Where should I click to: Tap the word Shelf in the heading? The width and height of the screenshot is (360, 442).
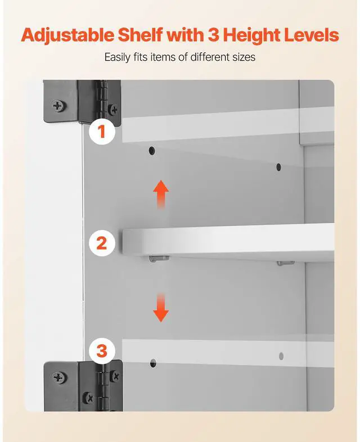pyautogui.click(x=141, y=35)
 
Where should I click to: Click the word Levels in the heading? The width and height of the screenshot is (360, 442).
pyautogui.click(x=311, y=35)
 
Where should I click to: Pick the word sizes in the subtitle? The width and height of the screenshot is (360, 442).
pyautogui.click(x=244, y=57)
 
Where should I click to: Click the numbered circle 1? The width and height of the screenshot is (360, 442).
pyautogui.click(x=102, y=132)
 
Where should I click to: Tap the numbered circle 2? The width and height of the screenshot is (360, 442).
pyautogui.click(x=102, y=243)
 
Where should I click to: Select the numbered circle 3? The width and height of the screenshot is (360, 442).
pyautogui.click(x=102, y=351)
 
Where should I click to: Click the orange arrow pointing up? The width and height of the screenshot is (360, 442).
pyautogui.click(x=161, y=194)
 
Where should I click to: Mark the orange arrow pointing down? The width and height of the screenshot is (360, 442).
pyautogui.click(x=161, y=308)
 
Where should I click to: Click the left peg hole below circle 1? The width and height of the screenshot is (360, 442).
pyautogui.click(x=152, y=151)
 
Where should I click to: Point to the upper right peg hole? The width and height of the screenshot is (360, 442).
pyautogui.click(x=278, y=167)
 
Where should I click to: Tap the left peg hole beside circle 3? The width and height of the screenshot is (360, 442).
pyautogui.click(x=153, y=363)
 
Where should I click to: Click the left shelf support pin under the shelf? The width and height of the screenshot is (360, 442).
pyautogui.click(x=159, y=259)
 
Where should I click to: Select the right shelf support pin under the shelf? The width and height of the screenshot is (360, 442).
pyautogui.click(x=286, y=263)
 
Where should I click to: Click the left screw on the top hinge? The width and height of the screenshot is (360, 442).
pyautogui.click(x=58, y=106)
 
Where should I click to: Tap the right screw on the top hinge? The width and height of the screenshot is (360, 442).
pyautogui.click(x=113, y=109)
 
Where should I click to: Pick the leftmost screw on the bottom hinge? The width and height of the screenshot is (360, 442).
pyautogui.click(x=59, y=377)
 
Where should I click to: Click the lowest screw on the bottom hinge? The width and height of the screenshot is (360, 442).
pyautogui.click(x=89, y=398)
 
